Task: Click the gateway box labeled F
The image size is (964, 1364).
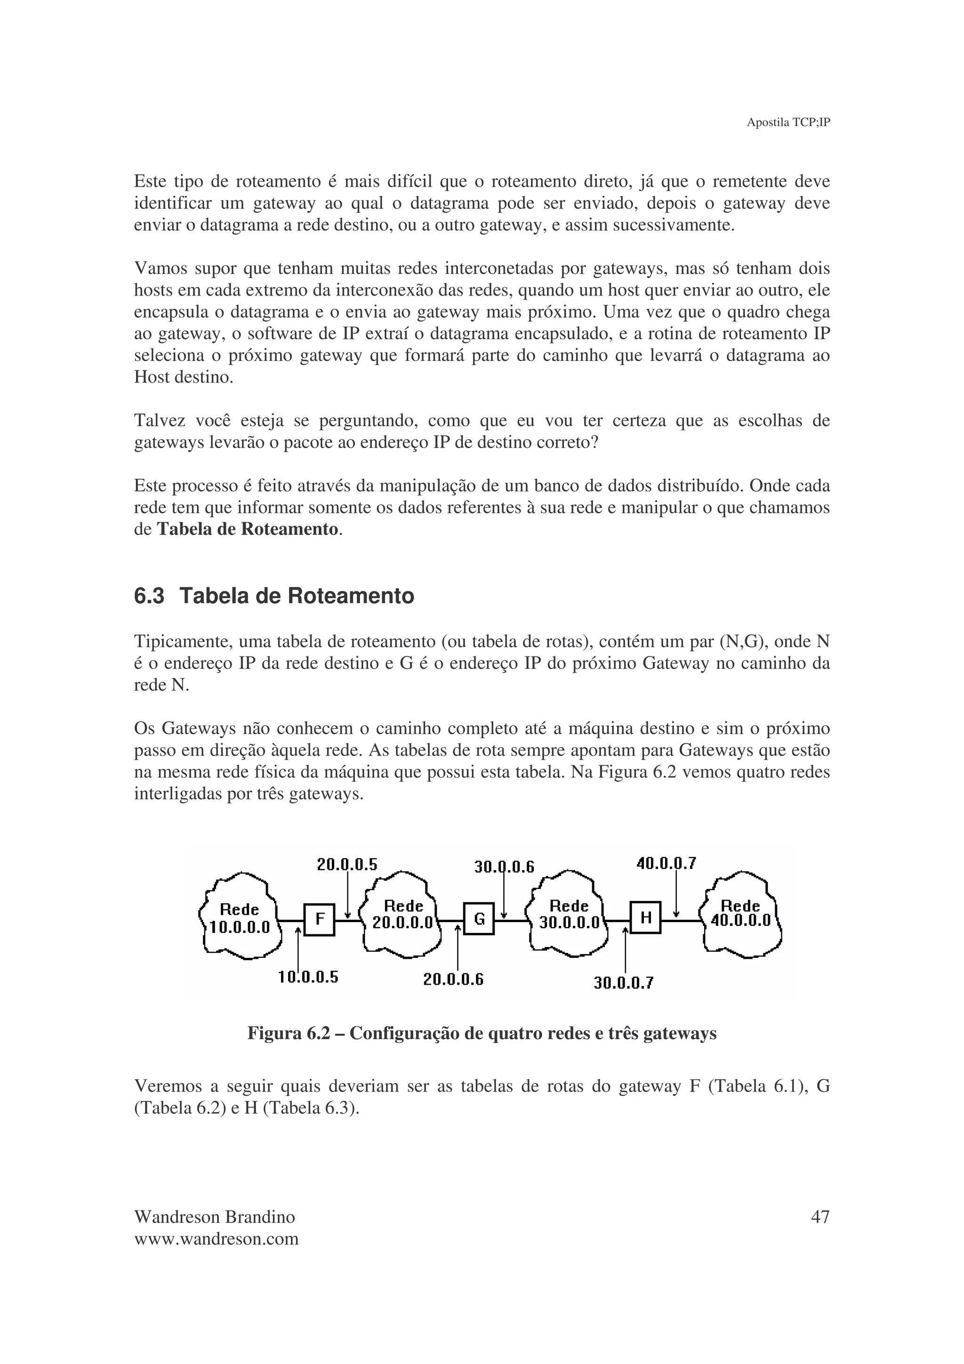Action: click(319, 920)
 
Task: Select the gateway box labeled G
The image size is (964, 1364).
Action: click(479, 919)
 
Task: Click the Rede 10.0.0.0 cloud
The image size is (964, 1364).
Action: click(240, 918)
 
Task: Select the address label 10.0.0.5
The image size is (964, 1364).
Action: click(308, 977)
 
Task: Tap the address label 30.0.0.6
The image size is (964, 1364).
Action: click(504, 867)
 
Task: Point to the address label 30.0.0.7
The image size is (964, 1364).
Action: click(624, 983)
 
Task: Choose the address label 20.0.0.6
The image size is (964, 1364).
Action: click(453, 979)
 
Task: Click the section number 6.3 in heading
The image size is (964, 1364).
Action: click(149, 596)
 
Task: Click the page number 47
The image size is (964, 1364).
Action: click(820, 1217)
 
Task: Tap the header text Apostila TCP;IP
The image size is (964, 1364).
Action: click(787, 122)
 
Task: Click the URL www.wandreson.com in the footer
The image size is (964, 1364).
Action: click(216, 1239)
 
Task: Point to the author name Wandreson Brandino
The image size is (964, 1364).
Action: click(215, 1217)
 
